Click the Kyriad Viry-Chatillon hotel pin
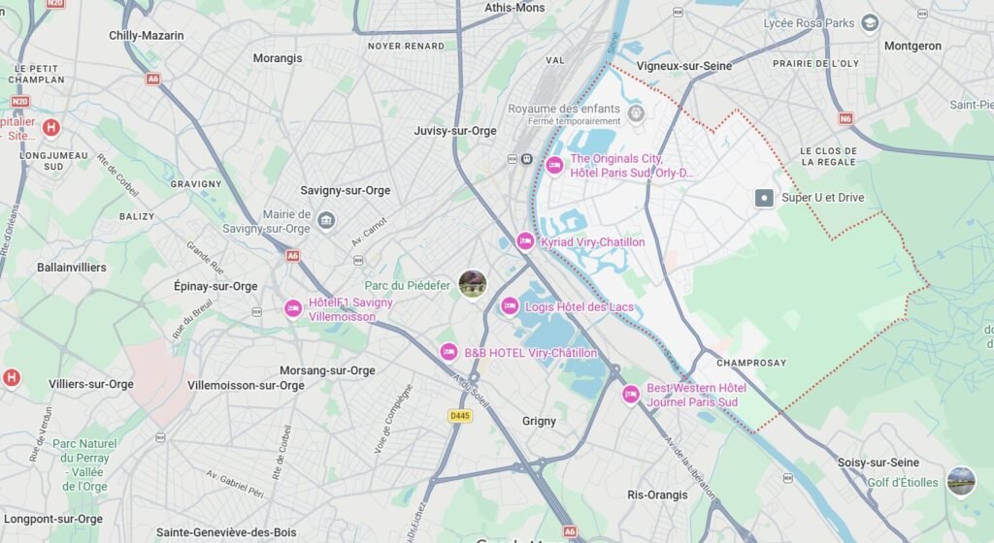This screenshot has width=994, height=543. pyautogui.click(x=525, y=241)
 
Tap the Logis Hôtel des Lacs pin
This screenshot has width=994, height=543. pyautogui.click(x=510, y=307)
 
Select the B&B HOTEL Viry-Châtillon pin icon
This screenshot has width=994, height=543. pyautogui.click(x=448, y=352)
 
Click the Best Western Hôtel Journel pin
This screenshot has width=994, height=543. pyautogui.click(x=631, y=395)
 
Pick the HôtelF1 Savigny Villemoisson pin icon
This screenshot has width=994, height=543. pyautogui.click(x=293, y=308)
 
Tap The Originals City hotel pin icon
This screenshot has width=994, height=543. pyautogui.click(x=554, y=165)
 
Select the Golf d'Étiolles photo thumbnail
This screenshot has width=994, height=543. pyautogui.click(x=961, y=481)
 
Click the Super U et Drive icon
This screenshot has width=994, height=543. pyautogui.click(x=765, y=198)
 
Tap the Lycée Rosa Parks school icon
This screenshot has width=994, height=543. pyautogui.click(x=871, y=22)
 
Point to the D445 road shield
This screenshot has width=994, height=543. pyautogui.click(x=460, y=416)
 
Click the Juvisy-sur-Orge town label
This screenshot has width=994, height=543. pyautogui.click(x=454, y=131)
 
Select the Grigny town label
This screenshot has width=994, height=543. pyautogui.click(x=539, y=421)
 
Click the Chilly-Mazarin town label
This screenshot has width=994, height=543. pyautogui.click(x=146, y=35)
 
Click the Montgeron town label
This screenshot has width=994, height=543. pyautogui.click(x=912, y=46)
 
